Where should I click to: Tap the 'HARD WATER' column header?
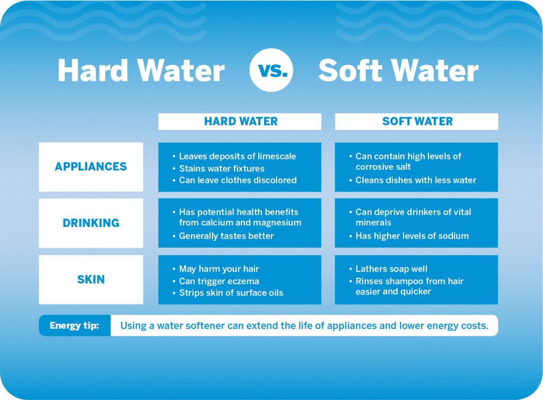coord(240,121)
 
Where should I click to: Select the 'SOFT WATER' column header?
coord(417,121)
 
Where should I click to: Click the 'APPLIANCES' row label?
coord(91,167)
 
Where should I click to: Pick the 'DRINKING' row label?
coord(91,223)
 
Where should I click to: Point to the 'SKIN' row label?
coord(91,279)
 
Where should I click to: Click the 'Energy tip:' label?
coord(74,325)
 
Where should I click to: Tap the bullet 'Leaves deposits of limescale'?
coord(237,156)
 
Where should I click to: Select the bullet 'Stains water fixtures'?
coord(222,168)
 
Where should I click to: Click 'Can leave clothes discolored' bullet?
coord(238,180)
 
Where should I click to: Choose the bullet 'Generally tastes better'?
coord(226,236)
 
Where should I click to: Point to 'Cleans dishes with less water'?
coord(416,180)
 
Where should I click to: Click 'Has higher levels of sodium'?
coord(412,236)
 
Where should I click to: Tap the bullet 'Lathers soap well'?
coord(391,268)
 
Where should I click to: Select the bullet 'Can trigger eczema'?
coord(219,281)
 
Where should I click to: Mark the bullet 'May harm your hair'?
coord(219,268)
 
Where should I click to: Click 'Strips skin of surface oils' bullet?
coord(231,292)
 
